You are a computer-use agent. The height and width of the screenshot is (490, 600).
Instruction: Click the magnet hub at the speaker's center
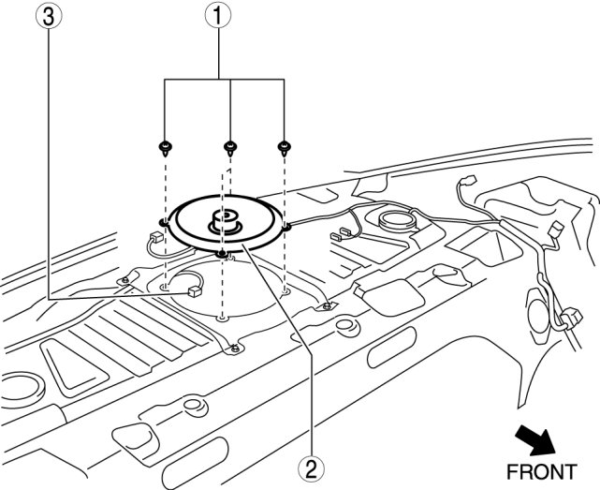223,222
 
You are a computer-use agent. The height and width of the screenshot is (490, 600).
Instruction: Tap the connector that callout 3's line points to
194,291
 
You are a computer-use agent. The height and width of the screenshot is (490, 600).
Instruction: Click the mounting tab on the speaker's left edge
163,222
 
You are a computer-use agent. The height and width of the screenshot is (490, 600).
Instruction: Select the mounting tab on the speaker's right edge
286,226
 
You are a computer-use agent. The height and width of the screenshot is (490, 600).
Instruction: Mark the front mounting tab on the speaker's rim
221,253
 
